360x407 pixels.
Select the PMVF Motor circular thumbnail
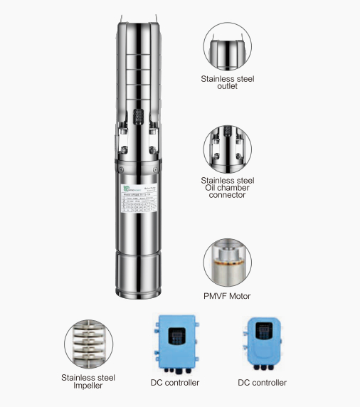pyautogui.click(x=228, y=262)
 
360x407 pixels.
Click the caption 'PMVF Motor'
pyautogui.click(x=228, y=295)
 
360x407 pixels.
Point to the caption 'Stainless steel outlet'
pyautogui.click(x=228, y=83)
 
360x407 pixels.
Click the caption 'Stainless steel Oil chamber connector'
pyautogui.click(x=228, y=187)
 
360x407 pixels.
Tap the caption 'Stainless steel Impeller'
pyautogui.click(x=88, y=381)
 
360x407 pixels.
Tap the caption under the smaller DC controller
pyautogui.click(x=263, y=382)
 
